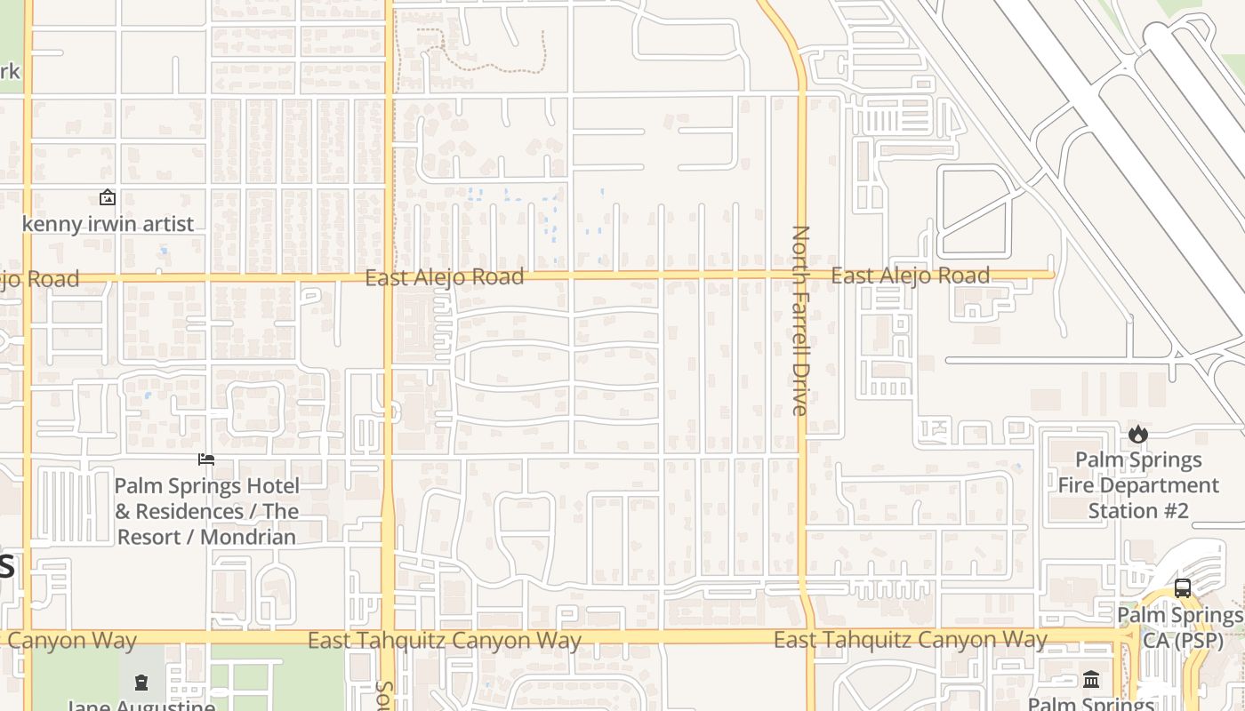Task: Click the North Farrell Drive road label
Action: point(800,320)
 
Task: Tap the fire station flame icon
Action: point(1137,434)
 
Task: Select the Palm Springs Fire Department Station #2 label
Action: point(1138,485)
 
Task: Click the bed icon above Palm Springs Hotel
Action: point(206,459)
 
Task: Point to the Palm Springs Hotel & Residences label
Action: point(206,511)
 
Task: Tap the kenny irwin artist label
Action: point(108,224)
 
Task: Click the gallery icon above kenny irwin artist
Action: point(108,197)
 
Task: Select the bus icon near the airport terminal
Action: point(1182,588)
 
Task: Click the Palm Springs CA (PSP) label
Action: point(1180,627)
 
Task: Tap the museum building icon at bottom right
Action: point(1091,680)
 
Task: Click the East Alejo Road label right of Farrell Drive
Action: point(910,276)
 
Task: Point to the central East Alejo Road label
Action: point(445,277)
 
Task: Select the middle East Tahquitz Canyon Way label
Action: point(445,641)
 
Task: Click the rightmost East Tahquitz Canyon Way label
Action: point(910,639)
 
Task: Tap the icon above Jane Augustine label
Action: point(141,683)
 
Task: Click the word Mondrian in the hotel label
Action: point(248,537)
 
